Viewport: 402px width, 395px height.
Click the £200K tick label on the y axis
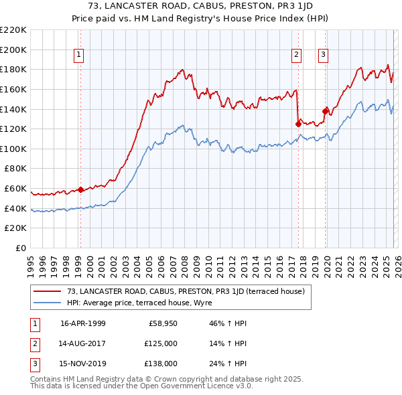click(x=13, y=50)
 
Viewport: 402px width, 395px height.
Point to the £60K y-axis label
click(x=15, y=189)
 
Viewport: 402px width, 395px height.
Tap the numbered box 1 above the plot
click(x=79, y=55)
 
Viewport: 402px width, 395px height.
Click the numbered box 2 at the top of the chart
click(x=296, y=55)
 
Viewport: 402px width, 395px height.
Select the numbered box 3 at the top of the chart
click(x=323, y=55)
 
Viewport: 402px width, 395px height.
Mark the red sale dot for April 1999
click(x=80, y=189)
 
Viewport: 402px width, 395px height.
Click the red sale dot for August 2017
click(x=297, y=123)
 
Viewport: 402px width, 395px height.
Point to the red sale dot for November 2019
click(x=325, y=110)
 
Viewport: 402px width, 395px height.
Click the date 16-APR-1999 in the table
click(x=83, y=323)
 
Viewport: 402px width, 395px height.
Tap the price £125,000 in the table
click(x=160, y=343)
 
